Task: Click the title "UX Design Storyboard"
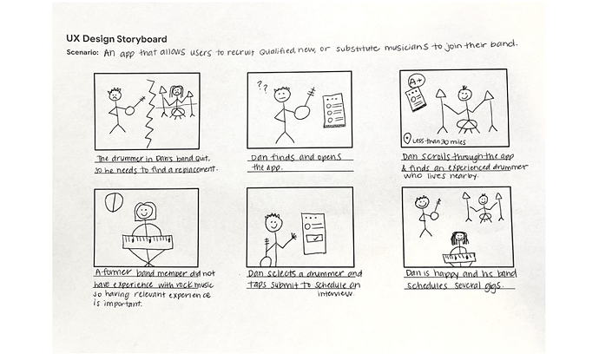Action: point(117,38)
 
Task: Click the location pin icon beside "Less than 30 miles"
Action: point(407,140)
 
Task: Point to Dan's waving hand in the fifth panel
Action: point(294,234)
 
